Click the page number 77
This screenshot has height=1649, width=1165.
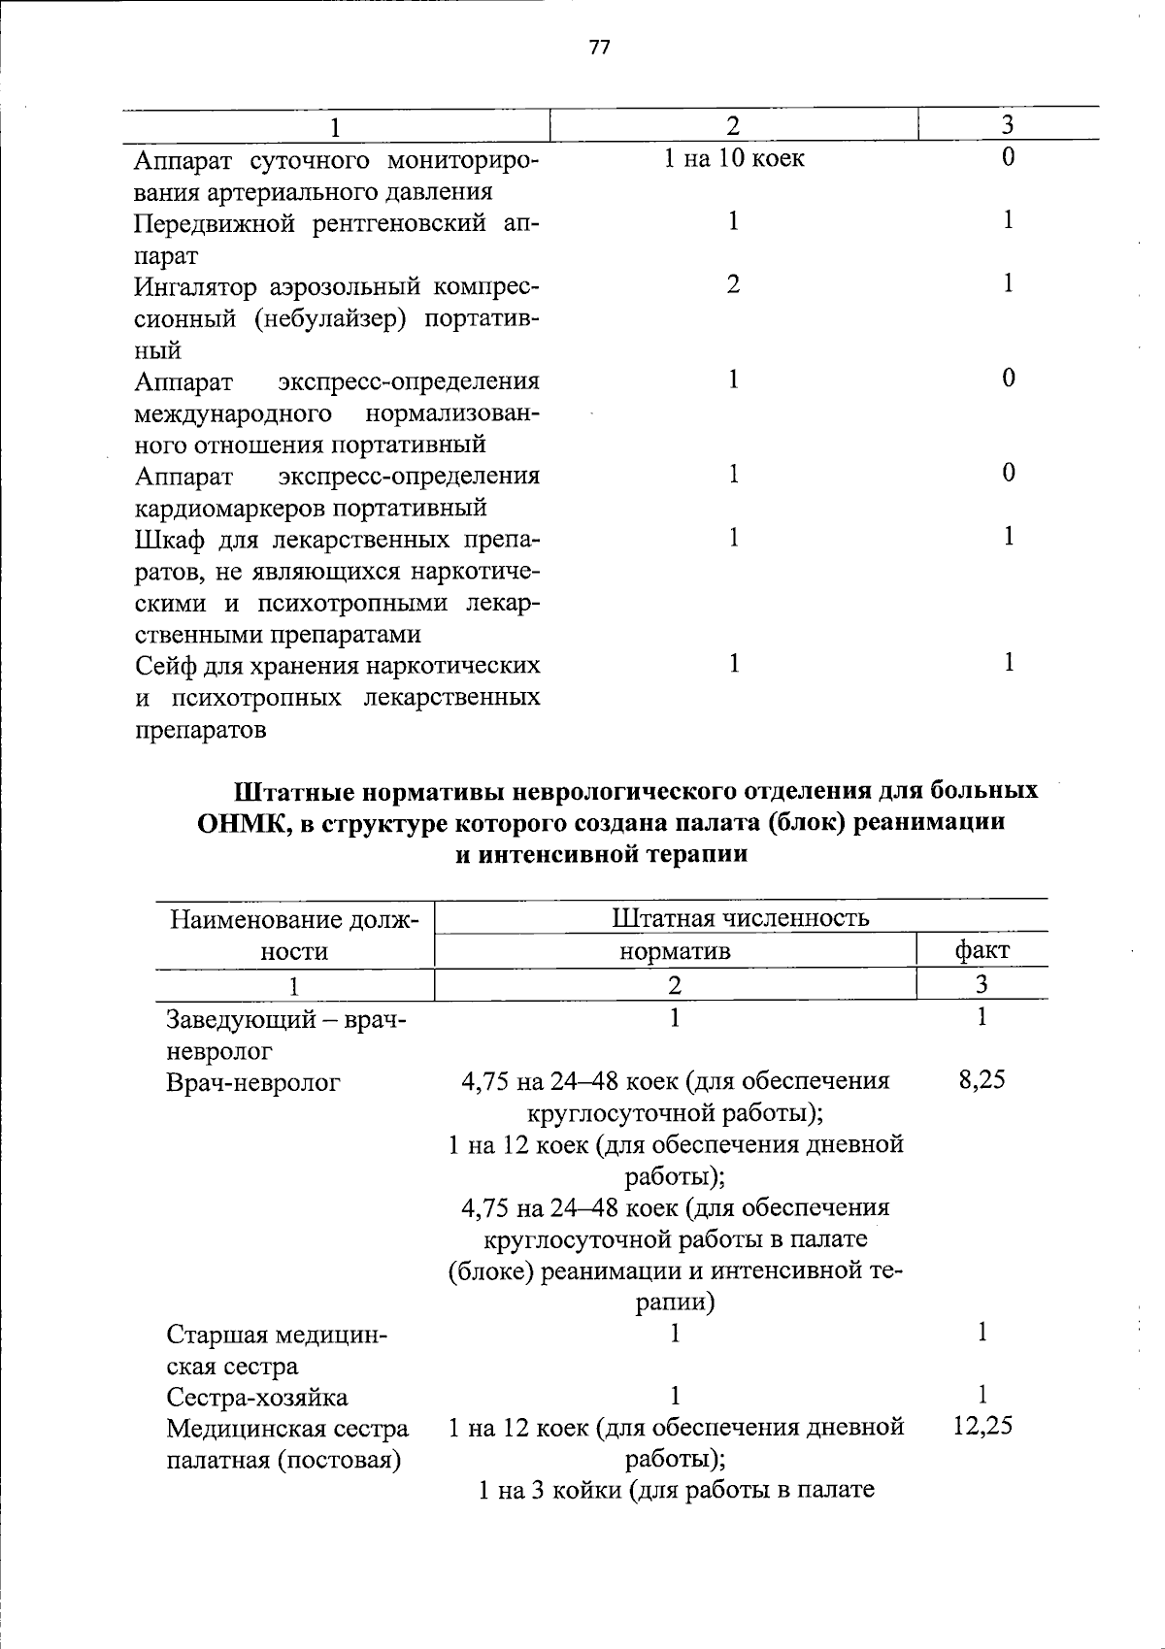coord(599,48)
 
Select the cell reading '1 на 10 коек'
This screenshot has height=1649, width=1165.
coord(734,158)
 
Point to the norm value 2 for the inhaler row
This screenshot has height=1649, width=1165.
coord(734,284)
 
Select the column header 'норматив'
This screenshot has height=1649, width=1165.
coord(675,951)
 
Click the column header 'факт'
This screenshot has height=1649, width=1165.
coord(982,950)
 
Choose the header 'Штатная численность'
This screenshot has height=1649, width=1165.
coord(741,918)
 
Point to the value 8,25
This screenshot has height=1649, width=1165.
coord(982,1080)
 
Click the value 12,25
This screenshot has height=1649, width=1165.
coord(982,1426)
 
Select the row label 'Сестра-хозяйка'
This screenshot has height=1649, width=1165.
coord(257,1398)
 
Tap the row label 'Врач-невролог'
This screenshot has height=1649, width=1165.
coord(253,1082)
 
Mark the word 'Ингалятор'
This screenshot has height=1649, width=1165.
coord(198,287)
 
